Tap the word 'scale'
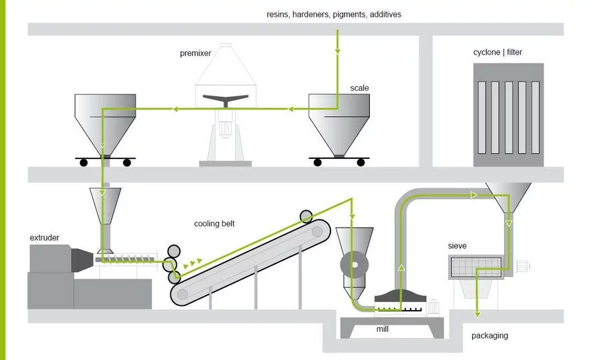[x=359, y=87]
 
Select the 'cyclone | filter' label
[x=497, y=52]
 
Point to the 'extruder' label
[x=45, y=237]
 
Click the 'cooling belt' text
[x=214, y=223]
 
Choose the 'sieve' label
[x=457, y=246]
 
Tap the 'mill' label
[x=382, y=329]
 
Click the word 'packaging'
[x=489, y=335]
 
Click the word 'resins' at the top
[x=277, y=13]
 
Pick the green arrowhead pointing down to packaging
[x=476, y=312]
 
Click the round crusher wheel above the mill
[x=354, y=265]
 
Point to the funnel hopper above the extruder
[x=105, y=204]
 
